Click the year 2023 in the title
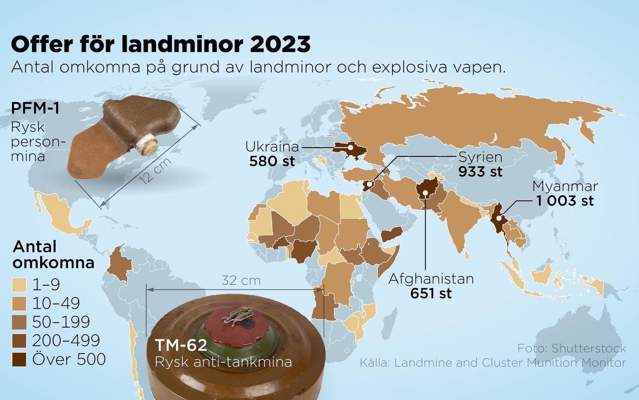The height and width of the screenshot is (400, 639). (x=280, y=44)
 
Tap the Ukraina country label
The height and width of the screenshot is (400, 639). (x=272, y=146)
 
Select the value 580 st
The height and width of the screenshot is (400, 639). (x=272, y=161)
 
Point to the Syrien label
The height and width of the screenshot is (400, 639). (x=480, y=157)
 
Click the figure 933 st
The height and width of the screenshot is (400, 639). (x=480, y=172)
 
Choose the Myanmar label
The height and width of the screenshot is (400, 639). (x=565, y=186)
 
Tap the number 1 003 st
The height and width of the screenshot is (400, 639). (x=565, y=201)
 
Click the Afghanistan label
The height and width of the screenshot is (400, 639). (x=431, y=278)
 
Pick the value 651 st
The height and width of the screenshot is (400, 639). (x=431, y=294)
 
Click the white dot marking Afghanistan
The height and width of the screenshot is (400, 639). (x=425, y=193)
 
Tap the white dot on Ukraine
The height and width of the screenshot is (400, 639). (x=350, y=147)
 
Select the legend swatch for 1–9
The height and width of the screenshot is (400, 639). (x=19, y=285)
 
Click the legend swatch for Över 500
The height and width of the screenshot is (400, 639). (x=19, y=360)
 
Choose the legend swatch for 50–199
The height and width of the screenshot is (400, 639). (x=19, y=322)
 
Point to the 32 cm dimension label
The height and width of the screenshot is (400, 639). (x=241, y=280)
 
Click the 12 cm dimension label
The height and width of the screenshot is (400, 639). (x=155, y=171)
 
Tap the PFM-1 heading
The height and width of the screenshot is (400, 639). (x=35, y=108)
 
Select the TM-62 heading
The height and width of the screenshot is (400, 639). (x=181, y=345)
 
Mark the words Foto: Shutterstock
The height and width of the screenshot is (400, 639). (x=572, y=348)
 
